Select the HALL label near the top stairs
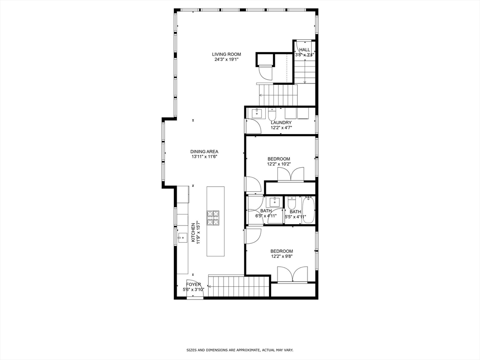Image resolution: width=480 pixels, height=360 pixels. (305, 50)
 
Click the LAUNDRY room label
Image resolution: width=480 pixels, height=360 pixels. (281, 122)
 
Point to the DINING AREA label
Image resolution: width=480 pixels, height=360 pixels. (204, 151)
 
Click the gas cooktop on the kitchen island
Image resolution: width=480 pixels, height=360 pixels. (213, 218)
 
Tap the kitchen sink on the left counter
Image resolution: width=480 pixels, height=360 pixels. (182, 238)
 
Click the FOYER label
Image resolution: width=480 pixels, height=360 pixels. (194, 285)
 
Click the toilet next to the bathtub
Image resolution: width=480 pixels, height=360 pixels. (292, 203)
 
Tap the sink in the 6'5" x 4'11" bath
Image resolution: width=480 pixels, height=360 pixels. (273, 202)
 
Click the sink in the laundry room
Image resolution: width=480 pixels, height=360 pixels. (257, 113)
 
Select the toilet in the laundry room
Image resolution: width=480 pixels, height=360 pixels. (272, 113)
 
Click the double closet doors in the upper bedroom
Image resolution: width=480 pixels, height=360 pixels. (291, 175)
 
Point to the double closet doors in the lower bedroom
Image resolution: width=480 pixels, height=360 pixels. (292, 274)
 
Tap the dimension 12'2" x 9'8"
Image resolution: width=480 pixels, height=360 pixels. (281, 257)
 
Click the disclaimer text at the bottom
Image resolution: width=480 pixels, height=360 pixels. (240, 350)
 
